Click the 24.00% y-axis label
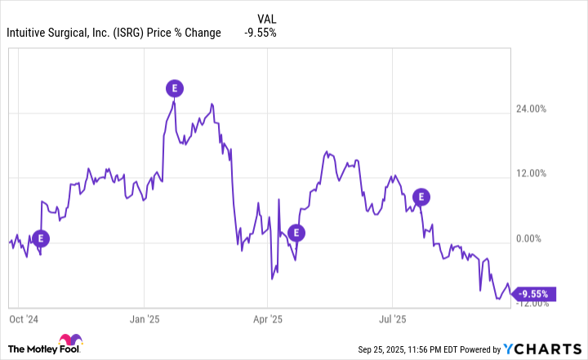(x=542, y=109)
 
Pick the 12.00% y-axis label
(x=542, y=173)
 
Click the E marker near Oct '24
(x=40, y=238)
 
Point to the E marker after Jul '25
(x=421, y=196)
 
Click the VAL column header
(x=266, y=17)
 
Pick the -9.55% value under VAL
(x=261, y=33)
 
